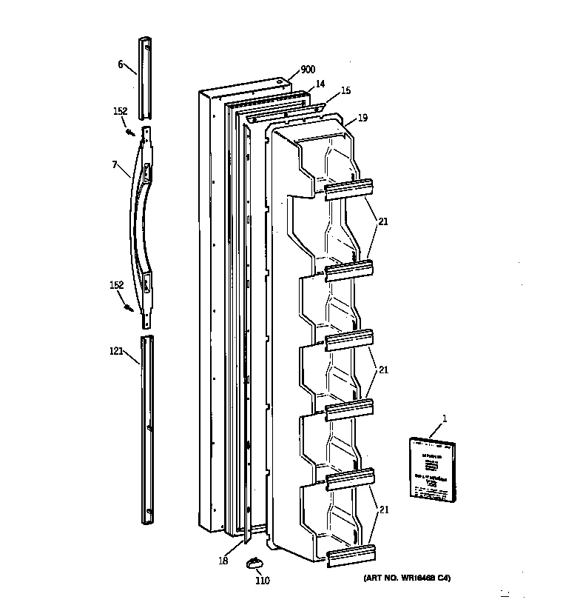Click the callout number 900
tap(307, 70)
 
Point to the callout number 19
tap(362, 117)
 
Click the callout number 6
tap(120, 64)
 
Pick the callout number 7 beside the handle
tap(115, 164)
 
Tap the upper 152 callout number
tap(120, 111)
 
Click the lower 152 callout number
tap(117, 285)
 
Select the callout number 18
tap(223, 561)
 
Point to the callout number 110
tap(262, 581)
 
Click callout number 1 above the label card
tap(444, 419)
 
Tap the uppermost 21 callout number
tap(382, 221)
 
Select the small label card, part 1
tap(431, 467)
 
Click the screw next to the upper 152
tap(129, 132)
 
